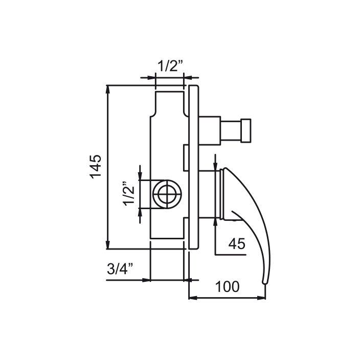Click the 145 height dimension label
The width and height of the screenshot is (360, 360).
point(96,167)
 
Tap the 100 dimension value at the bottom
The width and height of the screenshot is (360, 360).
point(227,286)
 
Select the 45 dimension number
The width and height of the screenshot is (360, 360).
point(237,243)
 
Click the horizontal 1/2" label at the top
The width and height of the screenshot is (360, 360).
point(170,66)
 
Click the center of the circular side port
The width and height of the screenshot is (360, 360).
point(167,194)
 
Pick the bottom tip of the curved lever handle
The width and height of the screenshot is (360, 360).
point(265,283)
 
